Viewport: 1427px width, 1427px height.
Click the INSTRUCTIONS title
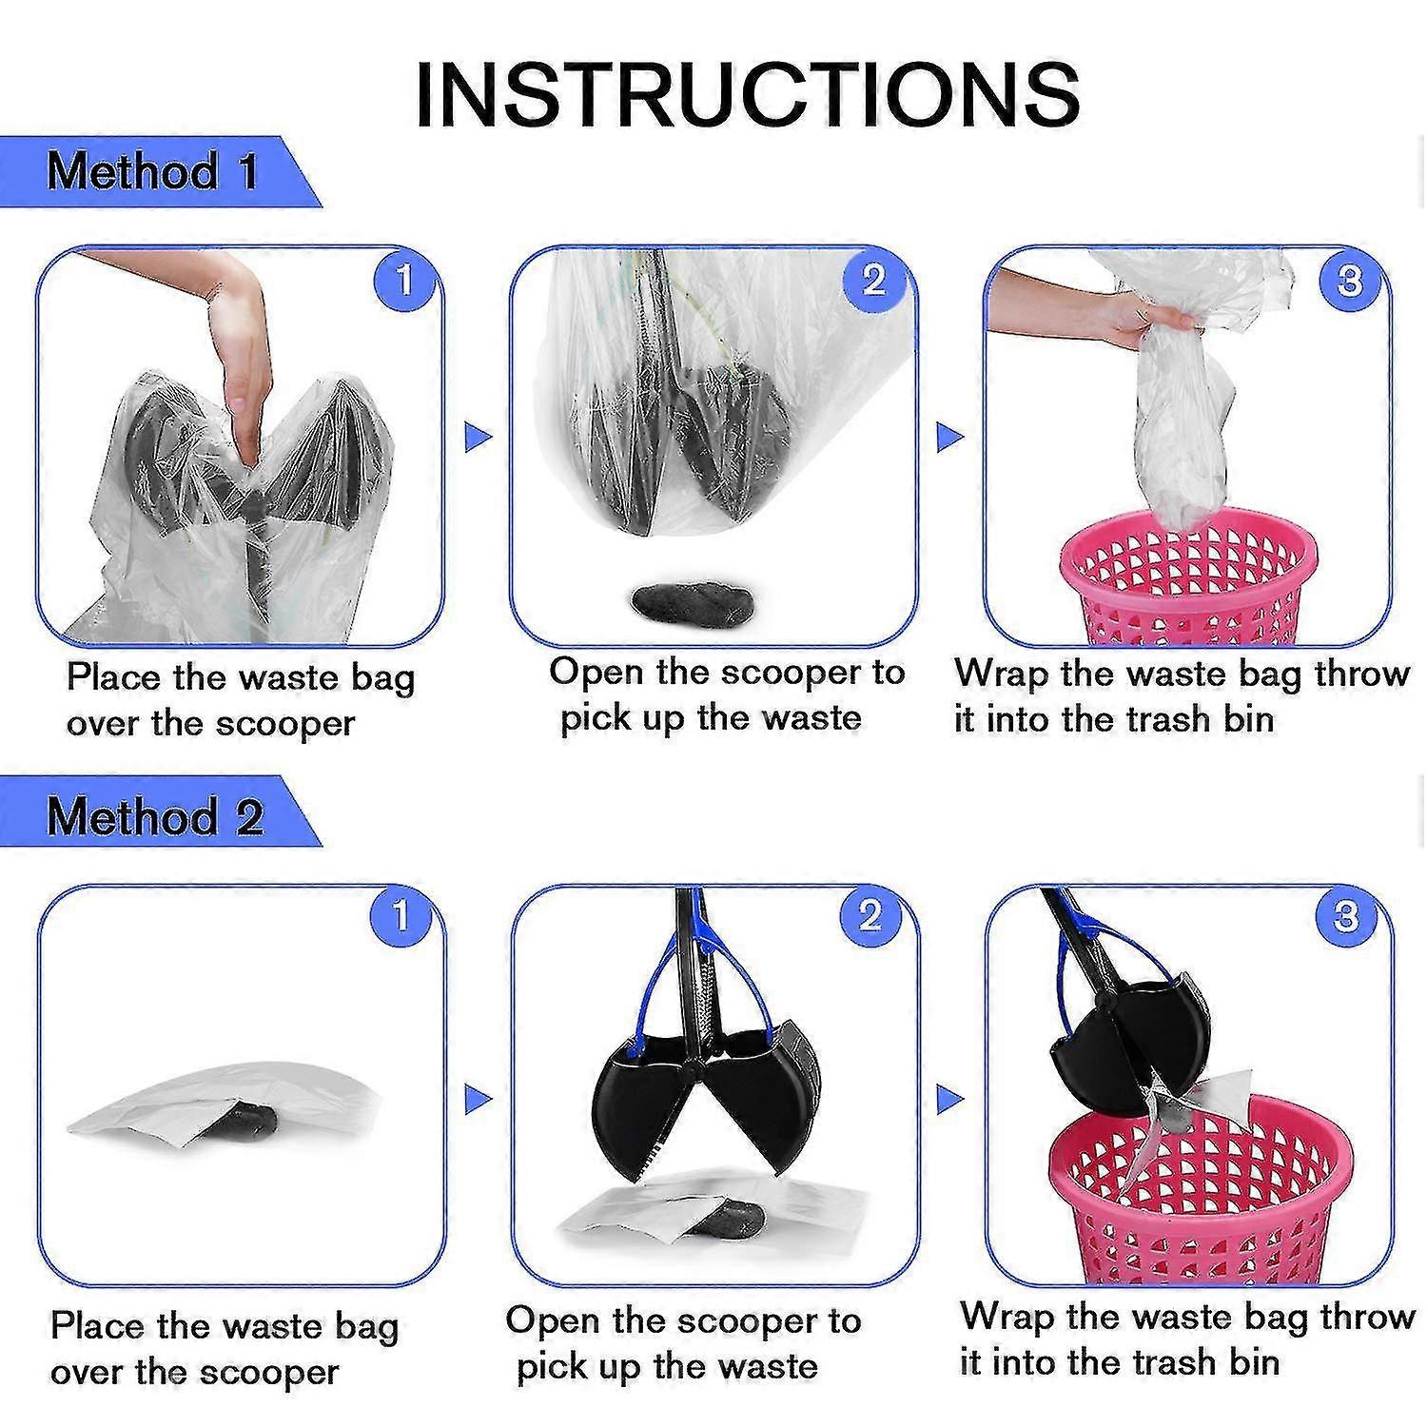point(747,93)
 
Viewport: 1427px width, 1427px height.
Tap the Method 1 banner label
point(152,171)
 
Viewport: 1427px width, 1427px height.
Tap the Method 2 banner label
point(154,815)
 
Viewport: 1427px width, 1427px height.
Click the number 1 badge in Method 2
point(401,915)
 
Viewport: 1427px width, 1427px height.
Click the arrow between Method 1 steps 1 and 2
point(478,438)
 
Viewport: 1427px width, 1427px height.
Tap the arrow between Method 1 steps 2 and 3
point(950,438)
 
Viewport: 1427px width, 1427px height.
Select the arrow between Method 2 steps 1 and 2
point(479,1101)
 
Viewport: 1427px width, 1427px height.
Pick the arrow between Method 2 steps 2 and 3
point(950,1101)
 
